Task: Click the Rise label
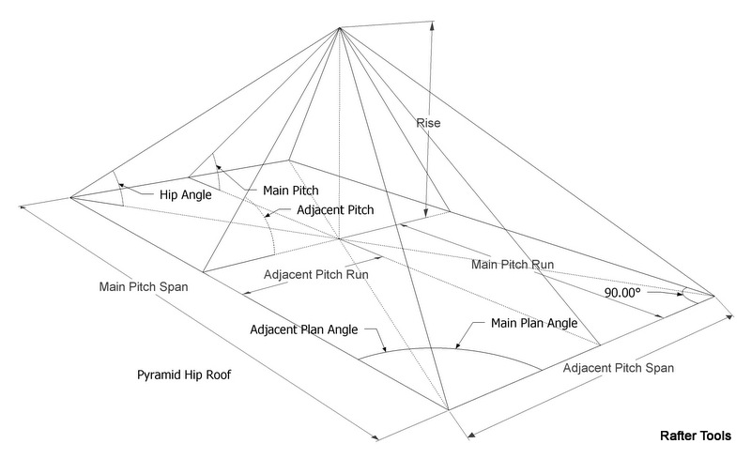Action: click(x=428, y=123)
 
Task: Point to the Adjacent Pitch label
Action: click(x=335, y=211)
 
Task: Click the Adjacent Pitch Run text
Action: click(x=315, y=274)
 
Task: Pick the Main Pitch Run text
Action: click(x=513, y=266)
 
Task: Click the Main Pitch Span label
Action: click(x=144, y=287)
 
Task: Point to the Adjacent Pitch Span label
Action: click(x=619, y=367)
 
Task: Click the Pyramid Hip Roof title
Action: click(x=183, y=375)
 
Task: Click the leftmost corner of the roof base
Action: click(x=70, y=197)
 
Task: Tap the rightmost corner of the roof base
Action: click(x=714, y=297)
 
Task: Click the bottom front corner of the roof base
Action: click(x=448, y=410)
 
